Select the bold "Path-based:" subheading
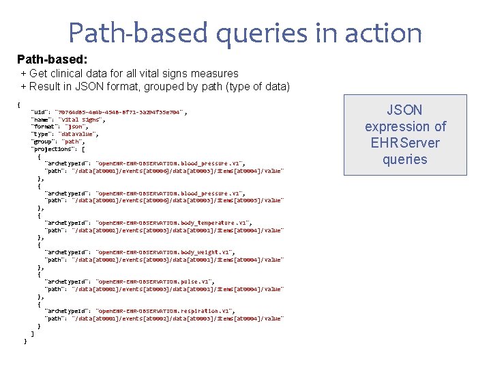[52, 60]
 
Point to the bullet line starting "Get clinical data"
[130, 73]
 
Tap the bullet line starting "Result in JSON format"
[155, 86]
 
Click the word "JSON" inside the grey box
[404, 110]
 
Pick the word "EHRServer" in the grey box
[405, 143]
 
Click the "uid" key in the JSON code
[39, 112]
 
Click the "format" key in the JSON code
[43, 127]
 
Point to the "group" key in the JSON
[42, 141]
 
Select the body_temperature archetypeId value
[174, 223]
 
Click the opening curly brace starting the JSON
[18, 105]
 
